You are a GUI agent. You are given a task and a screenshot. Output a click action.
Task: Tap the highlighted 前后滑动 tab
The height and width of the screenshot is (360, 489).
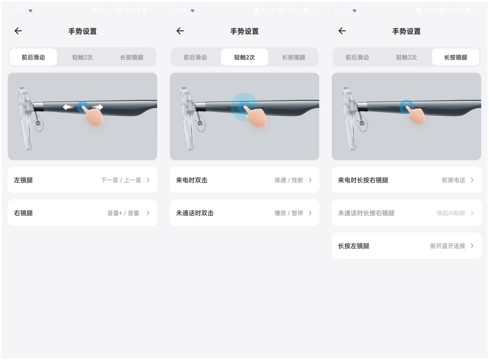pos(33,57)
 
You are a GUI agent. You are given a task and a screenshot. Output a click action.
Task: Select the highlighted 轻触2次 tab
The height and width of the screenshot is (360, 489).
pos(244,57)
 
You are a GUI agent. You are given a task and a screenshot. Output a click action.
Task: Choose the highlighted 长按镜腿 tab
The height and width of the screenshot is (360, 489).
pos(455,57)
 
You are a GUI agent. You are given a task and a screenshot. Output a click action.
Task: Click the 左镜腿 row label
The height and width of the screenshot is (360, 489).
pos(23,180)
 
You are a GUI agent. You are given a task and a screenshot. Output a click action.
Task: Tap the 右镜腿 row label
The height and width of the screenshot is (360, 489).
pos(23,213)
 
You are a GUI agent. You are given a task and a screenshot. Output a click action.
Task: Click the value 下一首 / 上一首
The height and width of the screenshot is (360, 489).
pos(121,180)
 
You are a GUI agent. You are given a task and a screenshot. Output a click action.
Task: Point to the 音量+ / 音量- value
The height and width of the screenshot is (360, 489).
pos(124,213)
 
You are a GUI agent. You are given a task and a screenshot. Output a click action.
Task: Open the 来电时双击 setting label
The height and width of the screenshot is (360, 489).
pos(191,180)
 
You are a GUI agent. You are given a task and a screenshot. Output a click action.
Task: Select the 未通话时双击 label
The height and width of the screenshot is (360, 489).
pos(195,213)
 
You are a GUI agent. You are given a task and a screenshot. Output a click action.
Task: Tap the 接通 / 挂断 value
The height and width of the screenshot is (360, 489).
pos(289,180)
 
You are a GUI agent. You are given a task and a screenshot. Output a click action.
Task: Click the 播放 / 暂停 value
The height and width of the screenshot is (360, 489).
pos(289,213)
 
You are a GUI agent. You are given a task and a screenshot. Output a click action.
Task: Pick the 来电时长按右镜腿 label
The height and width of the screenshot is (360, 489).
pos(363,180)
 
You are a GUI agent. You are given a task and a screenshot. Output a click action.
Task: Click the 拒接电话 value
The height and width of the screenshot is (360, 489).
pos(453,180)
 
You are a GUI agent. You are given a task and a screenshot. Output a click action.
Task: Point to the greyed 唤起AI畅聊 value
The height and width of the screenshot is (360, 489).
pos(450,213)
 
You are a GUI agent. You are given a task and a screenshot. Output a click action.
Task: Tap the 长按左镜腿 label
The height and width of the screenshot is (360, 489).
pos(353,246)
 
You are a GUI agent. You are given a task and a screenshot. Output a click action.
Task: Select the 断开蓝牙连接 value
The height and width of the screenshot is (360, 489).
pos(447,246)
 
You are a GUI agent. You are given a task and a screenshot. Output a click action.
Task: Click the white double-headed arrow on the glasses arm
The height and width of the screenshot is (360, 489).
pos(83,107)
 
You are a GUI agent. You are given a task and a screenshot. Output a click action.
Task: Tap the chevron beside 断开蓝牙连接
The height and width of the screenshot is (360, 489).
pos(472,246)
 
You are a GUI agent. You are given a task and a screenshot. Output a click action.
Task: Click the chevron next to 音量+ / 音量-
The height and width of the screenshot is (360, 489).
pos(148,213)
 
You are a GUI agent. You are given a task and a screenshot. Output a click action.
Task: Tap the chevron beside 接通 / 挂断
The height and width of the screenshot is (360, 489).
pos(310,180)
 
